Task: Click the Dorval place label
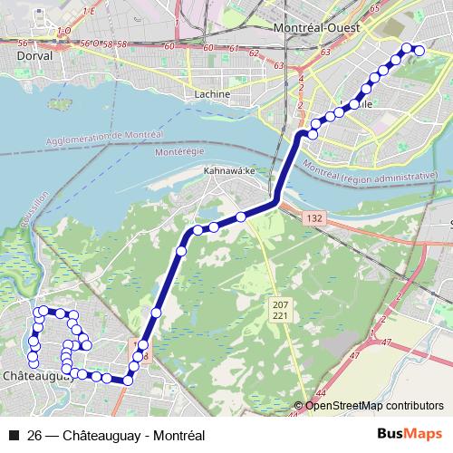point(35,54)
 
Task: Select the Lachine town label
point(213,93)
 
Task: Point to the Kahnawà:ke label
point(232,171)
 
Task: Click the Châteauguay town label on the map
point(37,374)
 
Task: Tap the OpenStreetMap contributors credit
point(374,406)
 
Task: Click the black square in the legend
point(14,435)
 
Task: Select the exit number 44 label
point(323,393)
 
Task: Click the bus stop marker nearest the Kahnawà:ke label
point(241,217)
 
